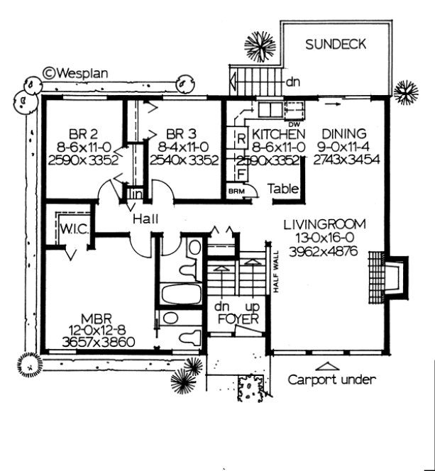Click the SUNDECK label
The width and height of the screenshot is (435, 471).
click(x=336, y=45)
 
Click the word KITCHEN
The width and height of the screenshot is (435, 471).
click(x=279, y=133)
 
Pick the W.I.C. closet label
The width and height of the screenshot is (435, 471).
click(x=73, y=228)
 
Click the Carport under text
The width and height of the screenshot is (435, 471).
click(x=331, y=379)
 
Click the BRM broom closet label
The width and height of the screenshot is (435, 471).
click(x=235, y=191)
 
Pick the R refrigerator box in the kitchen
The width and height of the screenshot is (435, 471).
click(x=241, y=138)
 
